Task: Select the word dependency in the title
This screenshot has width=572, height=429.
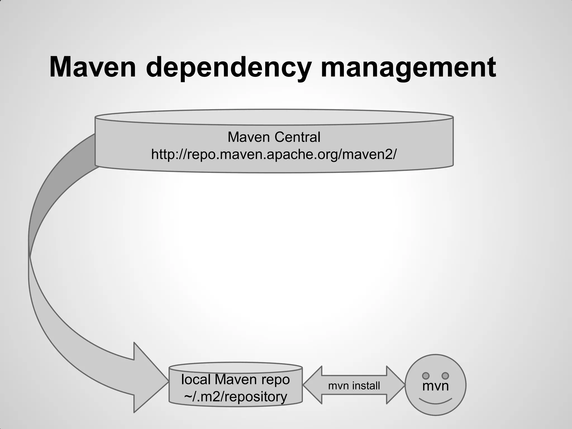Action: coord(228,68)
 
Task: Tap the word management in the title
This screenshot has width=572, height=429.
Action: coord(408,68)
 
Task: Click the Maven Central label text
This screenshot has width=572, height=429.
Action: coord(274,137)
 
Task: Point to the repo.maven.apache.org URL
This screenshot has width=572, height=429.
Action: coord(274,154)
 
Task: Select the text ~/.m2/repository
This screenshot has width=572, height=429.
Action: coord(235,397)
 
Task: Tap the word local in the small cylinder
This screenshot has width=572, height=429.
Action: coord(196,380)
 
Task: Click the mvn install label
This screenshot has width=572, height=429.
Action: coord(354,386)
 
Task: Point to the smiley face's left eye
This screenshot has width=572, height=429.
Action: coord(426,376)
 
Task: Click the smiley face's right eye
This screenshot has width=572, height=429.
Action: coord(445,376)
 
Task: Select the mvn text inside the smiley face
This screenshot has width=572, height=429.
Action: coord(435,386)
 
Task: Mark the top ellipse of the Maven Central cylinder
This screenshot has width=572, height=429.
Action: coord(274,117)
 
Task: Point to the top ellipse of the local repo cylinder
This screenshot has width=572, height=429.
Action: coord(235,368)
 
